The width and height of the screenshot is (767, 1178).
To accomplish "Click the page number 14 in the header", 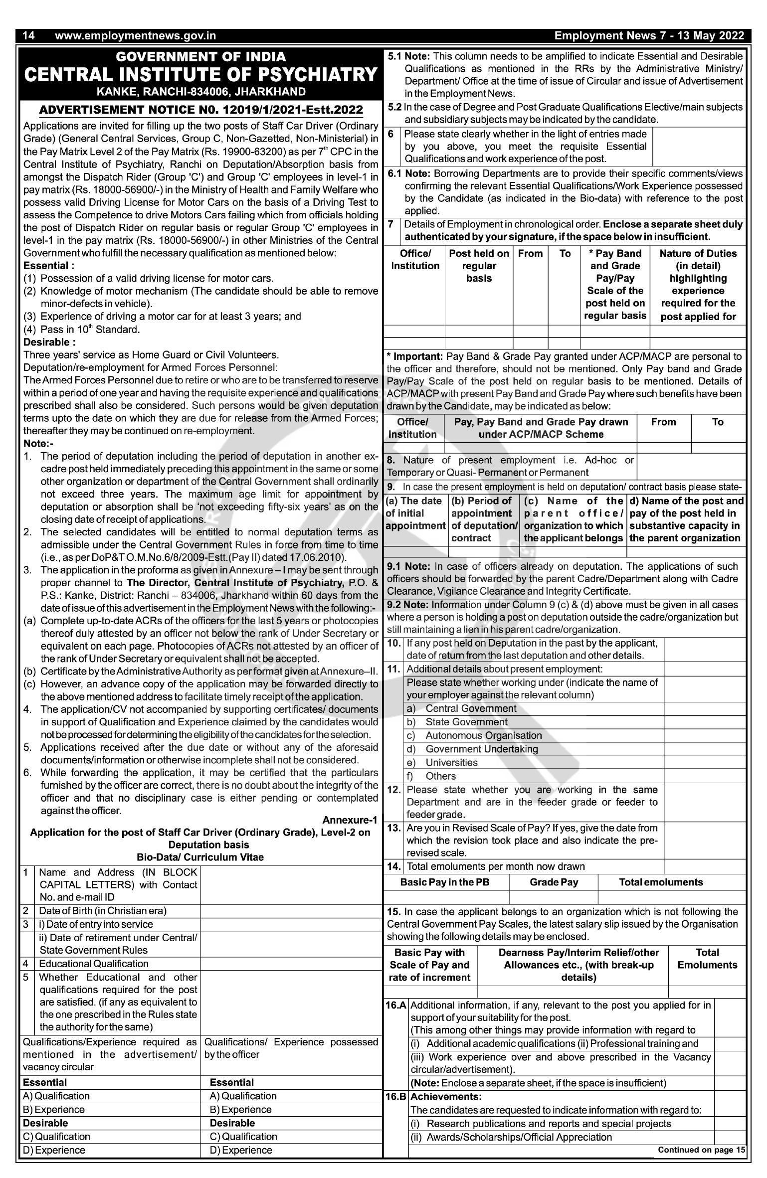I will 28,35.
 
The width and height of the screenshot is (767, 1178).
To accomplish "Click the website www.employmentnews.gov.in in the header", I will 135,35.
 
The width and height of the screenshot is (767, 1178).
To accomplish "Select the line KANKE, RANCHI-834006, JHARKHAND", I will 201,92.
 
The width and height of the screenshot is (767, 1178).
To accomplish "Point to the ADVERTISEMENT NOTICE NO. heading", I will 201,110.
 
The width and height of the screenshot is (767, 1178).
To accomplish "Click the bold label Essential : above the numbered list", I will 49,266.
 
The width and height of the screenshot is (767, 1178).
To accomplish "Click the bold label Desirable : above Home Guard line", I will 49,342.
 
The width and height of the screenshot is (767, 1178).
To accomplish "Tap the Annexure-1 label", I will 350,820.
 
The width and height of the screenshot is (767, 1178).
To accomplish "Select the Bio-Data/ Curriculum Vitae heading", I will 200,857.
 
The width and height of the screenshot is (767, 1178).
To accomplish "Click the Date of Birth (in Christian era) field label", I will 103,911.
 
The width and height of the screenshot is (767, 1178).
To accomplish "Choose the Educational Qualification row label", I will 94,964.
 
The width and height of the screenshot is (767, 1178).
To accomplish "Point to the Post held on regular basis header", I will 479,266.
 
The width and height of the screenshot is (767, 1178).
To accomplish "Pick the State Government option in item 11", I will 466,722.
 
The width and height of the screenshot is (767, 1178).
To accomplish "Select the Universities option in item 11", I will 451,763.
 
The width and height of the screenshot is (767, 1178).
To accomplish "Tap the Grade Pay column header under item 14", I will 554,882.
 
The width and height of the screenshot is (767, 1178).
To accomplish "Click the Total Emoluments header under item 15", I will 707,959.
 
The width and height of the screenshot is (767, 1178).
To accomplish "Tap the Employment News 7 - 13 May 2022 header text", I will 649,35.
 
